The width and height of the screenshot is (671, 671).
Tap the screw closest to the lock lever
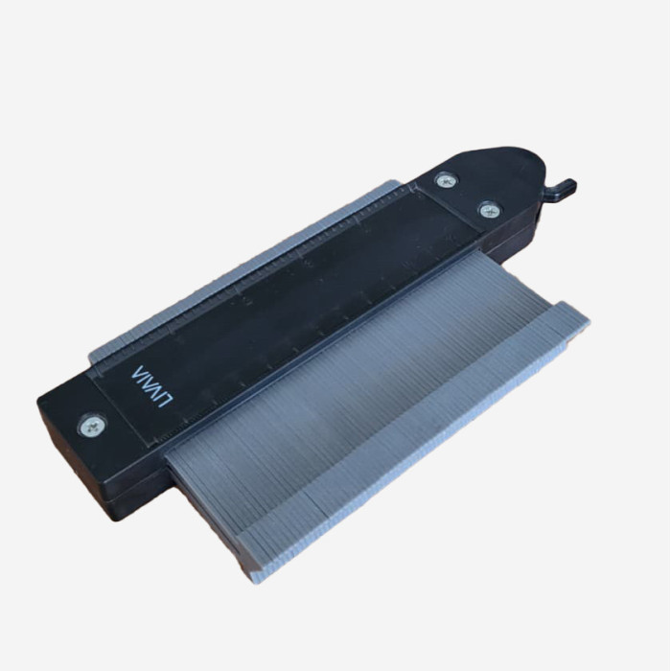489,209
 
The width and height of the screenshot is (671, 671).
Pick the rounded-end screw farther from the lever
446,180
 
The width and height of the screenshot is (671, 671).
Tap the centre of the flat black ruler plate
288,307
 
